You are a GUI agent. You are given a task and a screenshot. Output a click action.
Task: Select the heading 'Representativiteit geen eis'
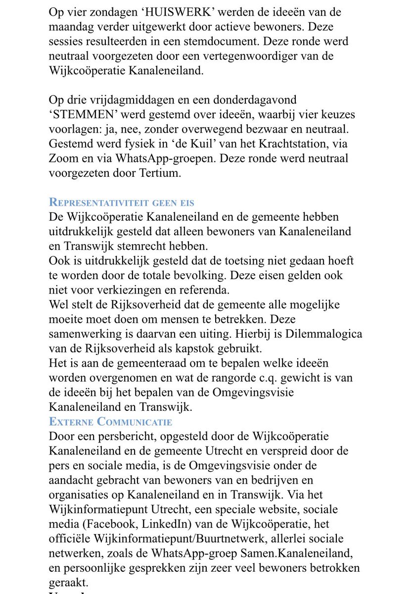coord(121,202)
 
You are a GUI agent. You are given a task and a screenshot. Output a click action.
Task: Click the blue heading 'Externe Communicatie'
coord(110,422)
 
